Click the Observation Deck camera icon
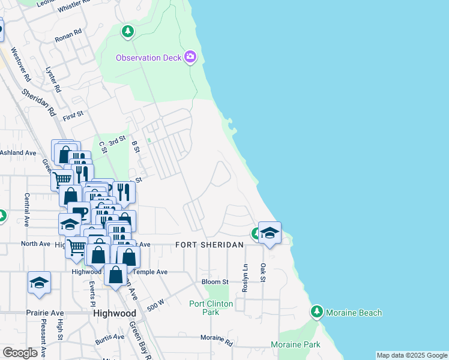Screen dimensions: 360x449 [x=190, y=58]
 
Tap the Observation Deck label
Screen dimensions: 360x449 [x=148, y=58]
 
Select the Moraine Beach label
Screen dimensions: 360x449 [x=354, y=313]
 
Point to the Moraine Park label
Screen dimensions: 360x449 [x=295, y=344]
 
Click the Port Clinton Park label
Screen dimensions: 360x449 [x=211, y=308]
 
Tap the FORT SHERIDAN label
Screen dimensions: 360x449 [x=209, y=245]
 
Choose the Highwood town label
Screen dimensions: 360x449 [x=115, y=313]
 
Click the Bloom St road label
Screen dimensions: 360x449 [x=215, y=281]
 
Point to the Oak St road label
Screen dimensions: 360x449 [x=262, y=273]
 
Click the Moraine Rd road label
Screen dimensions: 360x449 [x=217, y=340]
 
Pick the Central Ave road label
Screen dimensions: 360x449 [x=27, y=209]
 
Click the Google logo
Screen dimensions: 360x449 [x=20, y=353]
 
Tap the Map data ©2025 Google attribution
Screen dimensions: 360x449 [x=412, y=355]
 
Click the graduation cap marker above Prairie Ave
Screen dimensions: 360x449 [x=40, y=283]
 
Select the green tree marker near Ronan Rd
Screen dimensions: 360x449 [x=127, y=31]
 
